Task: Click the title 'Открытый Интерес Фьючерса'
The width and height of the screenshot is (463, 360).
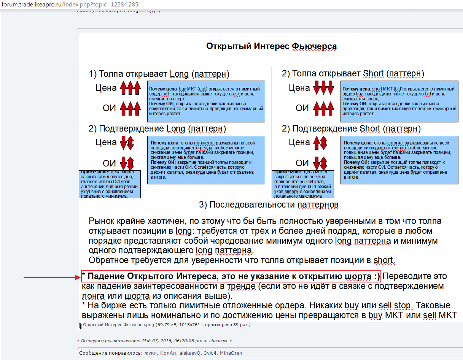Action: click(x=271, y=46)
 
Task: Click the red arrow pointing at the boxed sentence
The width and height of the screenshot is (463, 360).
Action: click(x=52, y=278)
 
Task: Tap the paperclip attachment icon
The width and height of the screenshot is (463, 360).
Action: click(x=80, y=326)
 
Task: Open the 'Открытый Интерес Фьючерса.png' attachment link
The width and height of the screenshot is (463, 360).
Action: click(x=118, y=325)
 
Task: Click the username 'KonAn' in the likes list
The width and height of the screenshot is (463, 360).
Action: click(x=168, y=353)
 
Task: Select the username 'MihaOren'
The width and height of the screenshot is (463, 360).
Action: click(x=231, y=353)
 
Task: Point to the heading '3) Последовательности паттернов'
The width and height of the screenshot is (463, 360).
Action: click(x=269, y=205)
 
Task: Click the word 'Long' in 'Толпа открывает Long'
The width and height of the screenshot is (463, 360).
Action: click(x=179, y=74)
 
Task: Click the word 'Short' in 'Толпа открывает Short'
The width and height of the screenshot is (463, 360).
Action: click(x=373, y=74)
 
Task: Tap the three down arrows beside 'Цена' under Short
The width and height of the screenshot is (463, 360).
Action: click(x=323, y=87)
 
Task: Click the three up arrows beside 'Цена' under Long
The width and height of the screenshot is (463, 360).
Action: click(x=130, y=87)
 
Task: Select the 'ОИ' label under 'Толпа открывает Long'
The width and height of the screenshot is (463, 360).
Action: click(x=109, y=108)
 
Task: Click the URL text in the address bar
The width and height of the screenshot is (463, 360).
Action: click(x=70, y=4)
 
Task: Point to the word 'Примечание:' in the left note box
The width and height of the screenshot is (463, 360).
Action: click(x=95, y=172)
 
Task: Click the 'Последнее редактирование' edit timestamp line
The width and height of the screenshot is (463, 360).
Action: click(x=154, y=341)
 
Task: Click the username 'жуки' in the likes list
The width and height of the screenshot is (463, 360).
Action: click(x=151, y=353)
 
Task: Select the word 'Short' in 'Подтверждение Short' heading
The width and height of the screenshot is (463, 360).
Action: click(x=370, y=129)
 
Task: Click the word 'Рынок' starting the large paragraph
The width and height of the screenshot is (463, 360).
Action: click(x=103, y=221)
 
